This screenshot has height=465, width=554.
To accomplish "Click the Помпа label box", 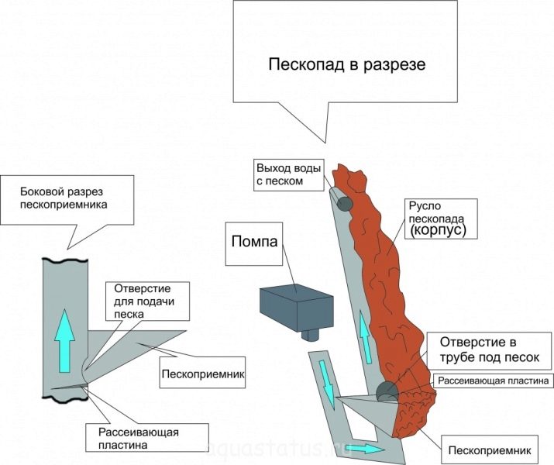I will [x=253, y=239].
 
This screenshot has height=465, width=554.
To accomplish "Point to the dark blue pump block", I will [x=297, y=305].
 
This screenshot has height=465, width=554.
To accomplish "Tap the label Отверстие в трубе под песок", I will [x=484, y=350].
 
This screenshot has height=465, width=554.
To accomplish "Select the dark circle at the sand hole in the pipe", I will [x=387, y=392].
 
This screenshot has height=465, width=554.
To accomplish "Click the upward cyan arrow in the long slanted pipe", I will [x=363, y=332].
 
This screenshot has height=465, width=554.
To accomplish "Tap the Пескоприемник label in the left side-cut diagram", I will [x=203, y=377].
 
